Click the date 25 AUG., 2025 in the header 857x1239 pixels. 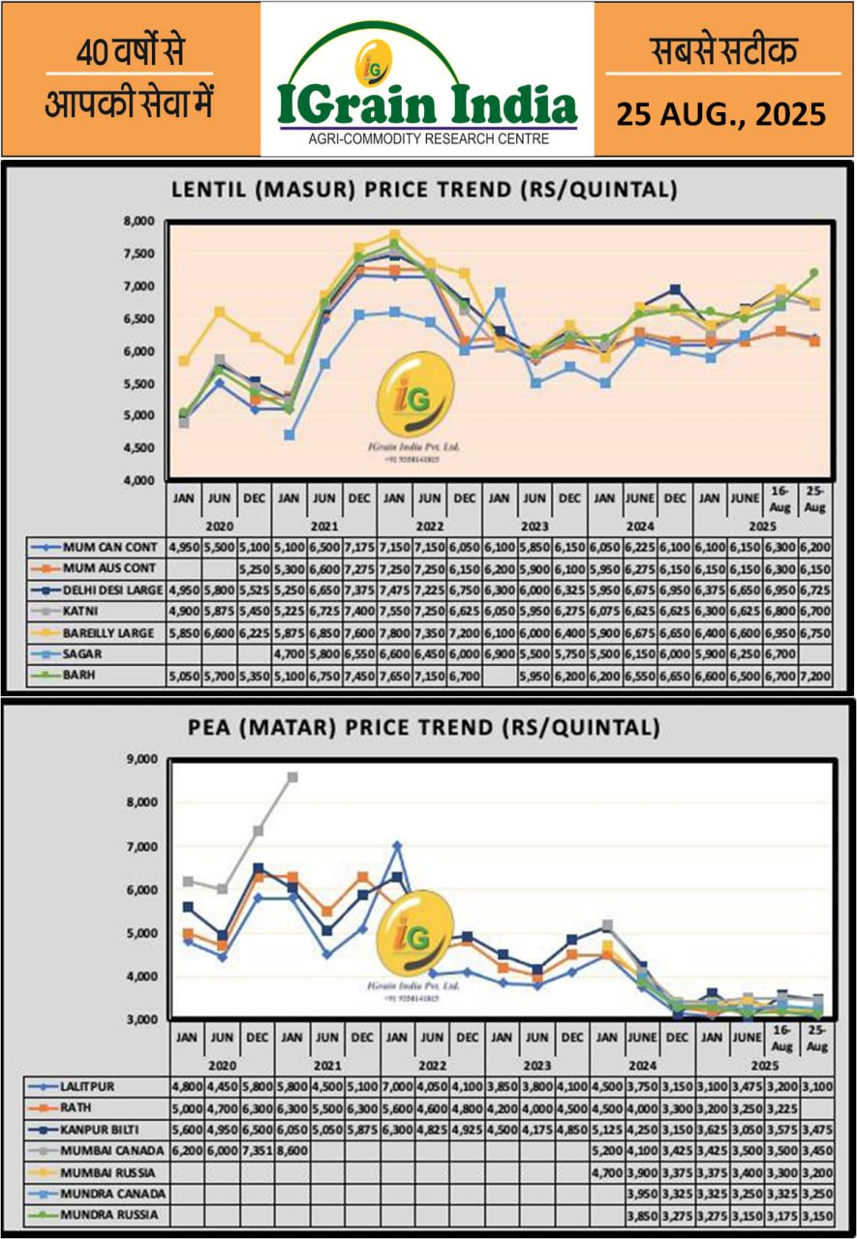721,114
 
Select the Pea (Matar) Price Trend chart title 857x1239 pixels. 424,726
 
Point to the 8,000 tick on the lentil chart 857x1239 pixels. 140,221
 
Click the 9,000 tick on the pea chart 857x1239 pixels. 140,759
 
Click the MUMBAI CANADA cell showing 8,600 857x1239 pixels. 291,1150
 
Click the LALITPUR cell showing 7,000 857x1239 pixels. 396,1086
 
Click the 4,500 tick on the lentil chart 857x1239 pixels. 140,447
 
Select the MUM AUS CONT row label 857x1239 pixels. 108,568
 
